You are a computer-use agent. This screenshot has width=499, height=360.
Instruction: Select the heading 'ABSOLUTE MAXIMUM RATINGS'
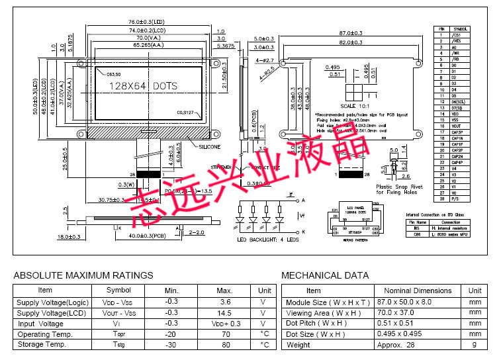(x=83, y=275)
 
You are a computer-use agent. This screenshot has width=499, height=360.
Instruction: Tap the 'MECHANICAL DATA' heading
(x=325, y=275)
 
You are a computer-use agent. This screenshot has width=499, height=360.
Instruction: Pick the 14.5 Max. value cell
(x=224, y=312)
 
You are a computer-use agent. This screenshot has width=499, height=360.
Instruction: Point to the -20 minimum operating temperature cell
(x=171, y=334)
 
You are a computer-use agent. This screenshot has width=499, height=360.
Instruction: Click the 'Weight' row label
(x=298, y=345)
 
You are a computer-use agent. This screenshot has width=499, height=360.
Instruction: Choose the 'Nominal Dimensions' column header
(x=418, y=291)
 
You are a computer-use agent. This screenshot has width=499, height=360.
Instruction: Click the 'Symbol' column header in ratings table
(x=118, y=290)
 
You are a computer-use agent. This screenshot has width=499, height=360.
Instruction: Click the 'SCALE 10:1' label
(x=351, y=106)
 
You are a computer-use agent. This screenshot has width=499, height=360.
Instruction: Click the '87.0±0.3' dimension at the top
(x=351, y=33)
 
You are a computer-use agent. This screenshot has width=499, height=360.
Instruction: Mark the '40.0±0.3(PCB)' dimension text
(x=149, y=236)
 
